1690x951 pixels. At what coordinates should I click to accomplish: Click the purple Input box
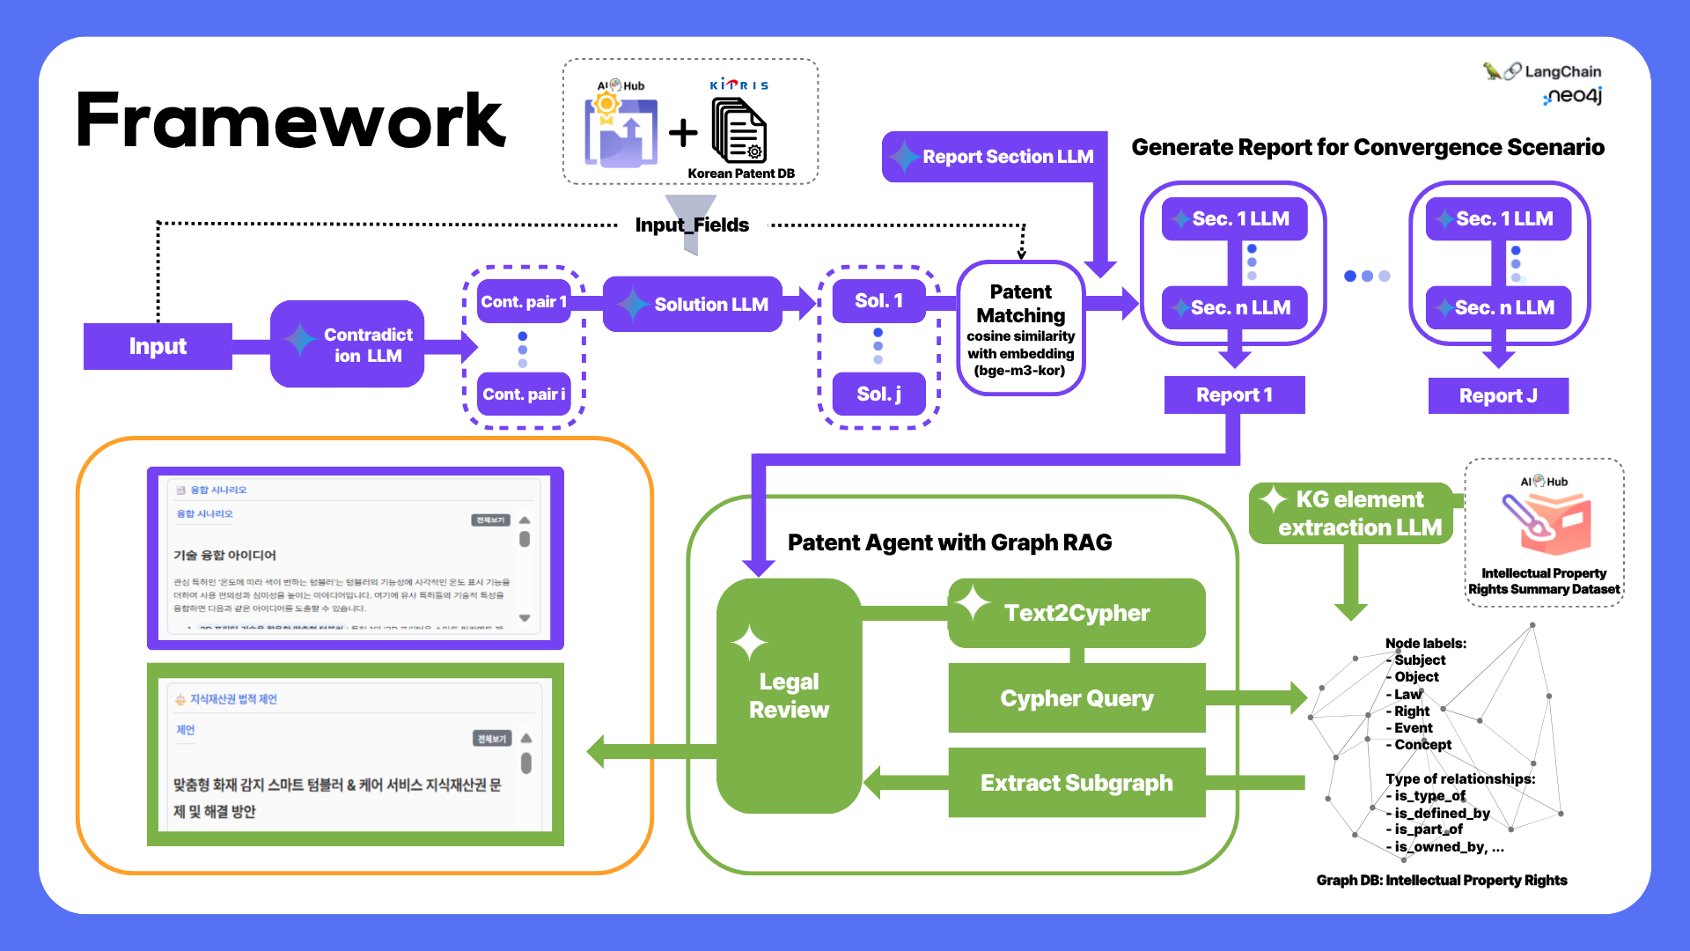(158, 346)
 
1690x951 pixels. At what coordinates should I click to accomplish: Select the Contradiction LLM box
(348, 344)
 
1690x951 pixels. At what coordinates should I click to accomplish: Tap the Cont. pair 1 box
(524, 302)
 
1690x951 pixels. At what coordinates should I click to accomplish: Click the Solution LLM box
(694, 304)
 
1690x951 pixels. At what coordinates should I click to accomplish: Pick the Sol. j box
(878, 394)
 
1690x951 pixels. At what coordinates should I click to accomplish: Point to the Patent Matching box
(1020, 328)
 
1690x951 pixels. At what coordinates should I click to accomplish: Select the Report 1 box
(1234, 394)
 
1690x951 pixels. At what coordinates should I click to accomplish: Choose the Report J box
(1498, 395)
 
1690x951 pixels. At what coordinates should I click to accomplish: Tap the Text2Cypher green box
(1076, 613)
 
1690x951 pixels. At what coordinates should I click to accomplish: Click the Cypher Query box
(1076, 698)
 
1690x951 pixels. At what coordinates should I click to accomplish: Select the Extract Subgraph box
(1076, 783)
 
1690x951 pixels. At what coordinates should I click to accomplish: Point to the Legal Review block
(789, 696)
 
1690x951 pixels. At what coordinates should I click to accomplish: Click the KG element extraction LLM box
(1351, 513)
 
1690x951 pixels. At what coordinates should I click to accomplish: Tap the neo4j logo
(1574, 96)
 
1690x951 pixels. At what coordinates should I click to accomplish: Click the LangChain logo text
(1562, 71)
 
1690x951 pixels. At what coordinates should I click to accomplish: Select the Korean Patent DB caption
(741, 173)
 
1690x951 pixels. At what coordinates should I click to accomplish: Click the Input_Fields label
(692, 225)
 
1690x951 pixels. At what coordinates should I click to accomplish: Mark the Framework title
(290, 121)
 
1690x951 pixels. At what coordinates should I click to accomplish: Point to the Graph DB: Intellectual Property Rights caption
(1441, 880)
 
